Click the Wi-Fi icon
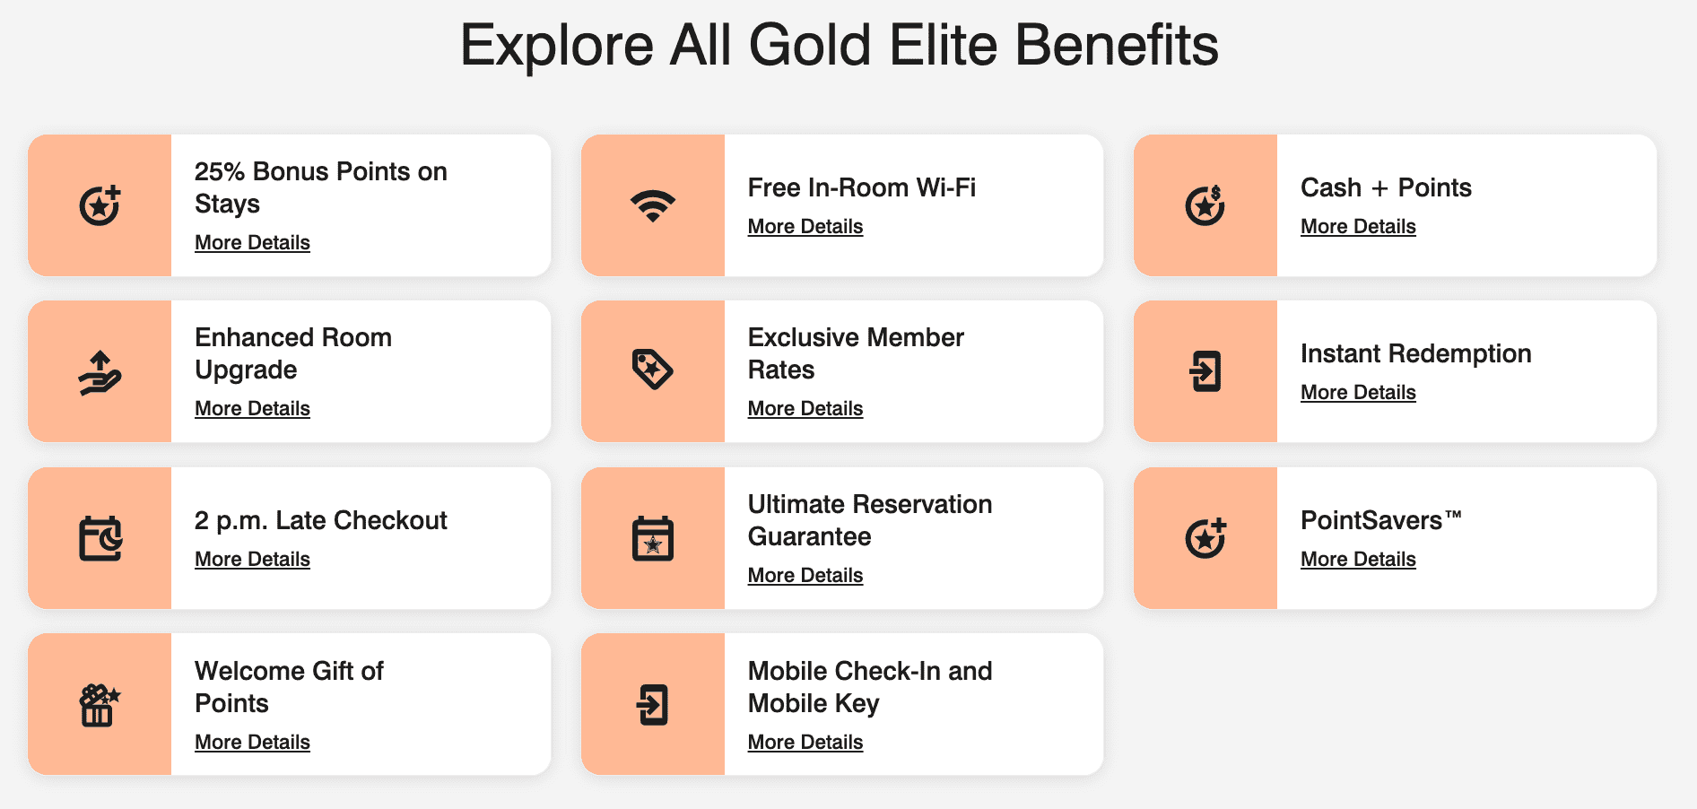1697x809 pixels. pos(653,205)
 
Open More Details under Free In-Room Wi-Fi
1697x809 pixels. pos(805,227)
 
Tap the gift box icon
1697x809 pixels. pos(100,705)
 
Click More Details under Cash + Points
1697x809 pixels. pos(1358,227)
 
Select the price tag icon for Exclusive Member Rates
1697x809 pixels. pos(653,370)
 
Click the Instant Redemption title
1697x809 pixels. pos(1415,353)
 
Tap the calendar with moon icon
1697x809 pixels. pos(100,538)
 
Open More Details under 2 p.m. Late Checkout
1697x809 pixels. pos(252,560)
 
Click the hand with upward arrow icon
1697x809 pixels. pos(100,372)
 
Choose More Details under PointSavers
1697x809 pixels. pos(1358,560)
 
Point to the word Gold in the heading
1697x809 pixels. pos(809,45)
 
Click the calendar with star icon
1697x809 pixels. pos(653,538)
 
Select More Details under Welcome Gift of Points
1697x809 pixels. pos(252,743)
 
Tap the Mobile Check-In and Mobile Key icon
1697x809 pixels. pos(653,705)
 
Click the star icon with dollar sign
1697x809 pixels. pos(1205,205)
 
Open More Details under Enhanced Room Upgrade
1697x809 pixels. pos(252,409)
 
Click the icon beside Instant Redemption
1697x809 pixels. pos(1205,371)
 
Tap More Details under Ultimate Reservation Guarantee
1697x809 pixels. pos(805,576)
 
